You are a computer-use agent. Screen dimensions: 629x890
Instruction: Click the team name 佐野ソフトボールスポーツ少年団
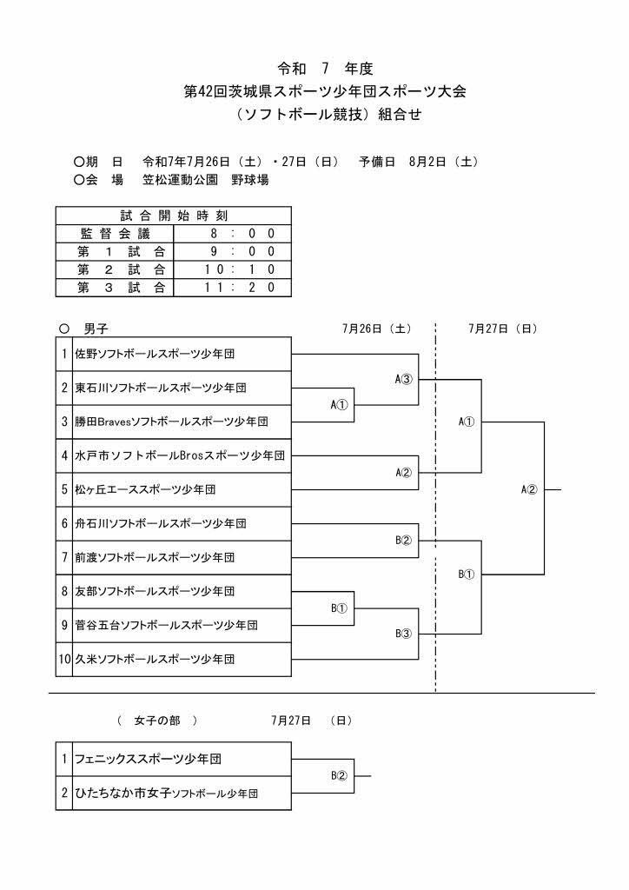(155, 355)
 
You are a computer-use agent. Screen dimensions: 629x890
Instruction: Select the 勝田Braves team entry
(172, 422)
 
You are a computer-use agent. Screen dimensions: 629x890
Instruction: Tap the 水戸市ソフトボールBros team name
(180, 455)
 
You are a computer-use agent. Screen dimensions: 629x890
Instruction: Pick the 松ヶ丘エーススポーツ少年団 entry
(146, 489)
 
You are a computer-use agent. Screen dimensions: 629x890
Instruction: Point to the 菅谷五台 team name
(167, 626)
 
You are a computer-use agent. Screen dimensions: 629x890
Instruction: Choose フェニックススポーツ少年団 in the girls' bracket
(149, 759)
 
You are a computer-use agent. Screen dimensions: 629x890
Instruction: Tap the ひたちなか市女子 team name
(167, 793)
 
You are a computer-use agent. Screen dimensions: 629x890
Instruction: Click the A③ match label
(403, 379)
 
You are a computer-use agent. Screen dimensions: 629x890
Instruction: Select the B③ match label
(403, 634)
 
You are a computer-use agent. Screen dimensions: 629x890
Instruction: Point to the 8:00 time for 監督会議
(242, 233)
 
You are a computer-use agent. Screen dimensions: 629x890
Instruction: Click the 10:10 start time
(240, 269)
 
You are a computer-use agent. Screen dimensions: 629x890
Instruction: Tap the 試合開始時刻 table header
(174, 216)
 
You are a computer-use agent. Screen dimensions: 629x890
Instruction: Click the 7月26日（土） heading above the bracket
(377, 329)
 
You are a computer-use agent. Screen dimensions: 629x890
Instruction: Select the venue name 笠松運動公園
(181, 180)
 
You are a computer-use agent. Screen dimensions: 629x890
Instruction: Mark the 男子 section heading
(96, 329)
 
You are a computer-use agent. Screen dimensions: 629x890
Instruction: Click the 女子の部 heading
(157, 721)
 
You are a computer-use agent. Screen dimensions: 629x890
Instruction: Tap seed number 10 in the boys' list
(64, 660)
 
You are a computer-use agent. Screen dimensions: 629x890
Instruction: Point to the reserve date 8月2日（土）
(444, 162)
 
